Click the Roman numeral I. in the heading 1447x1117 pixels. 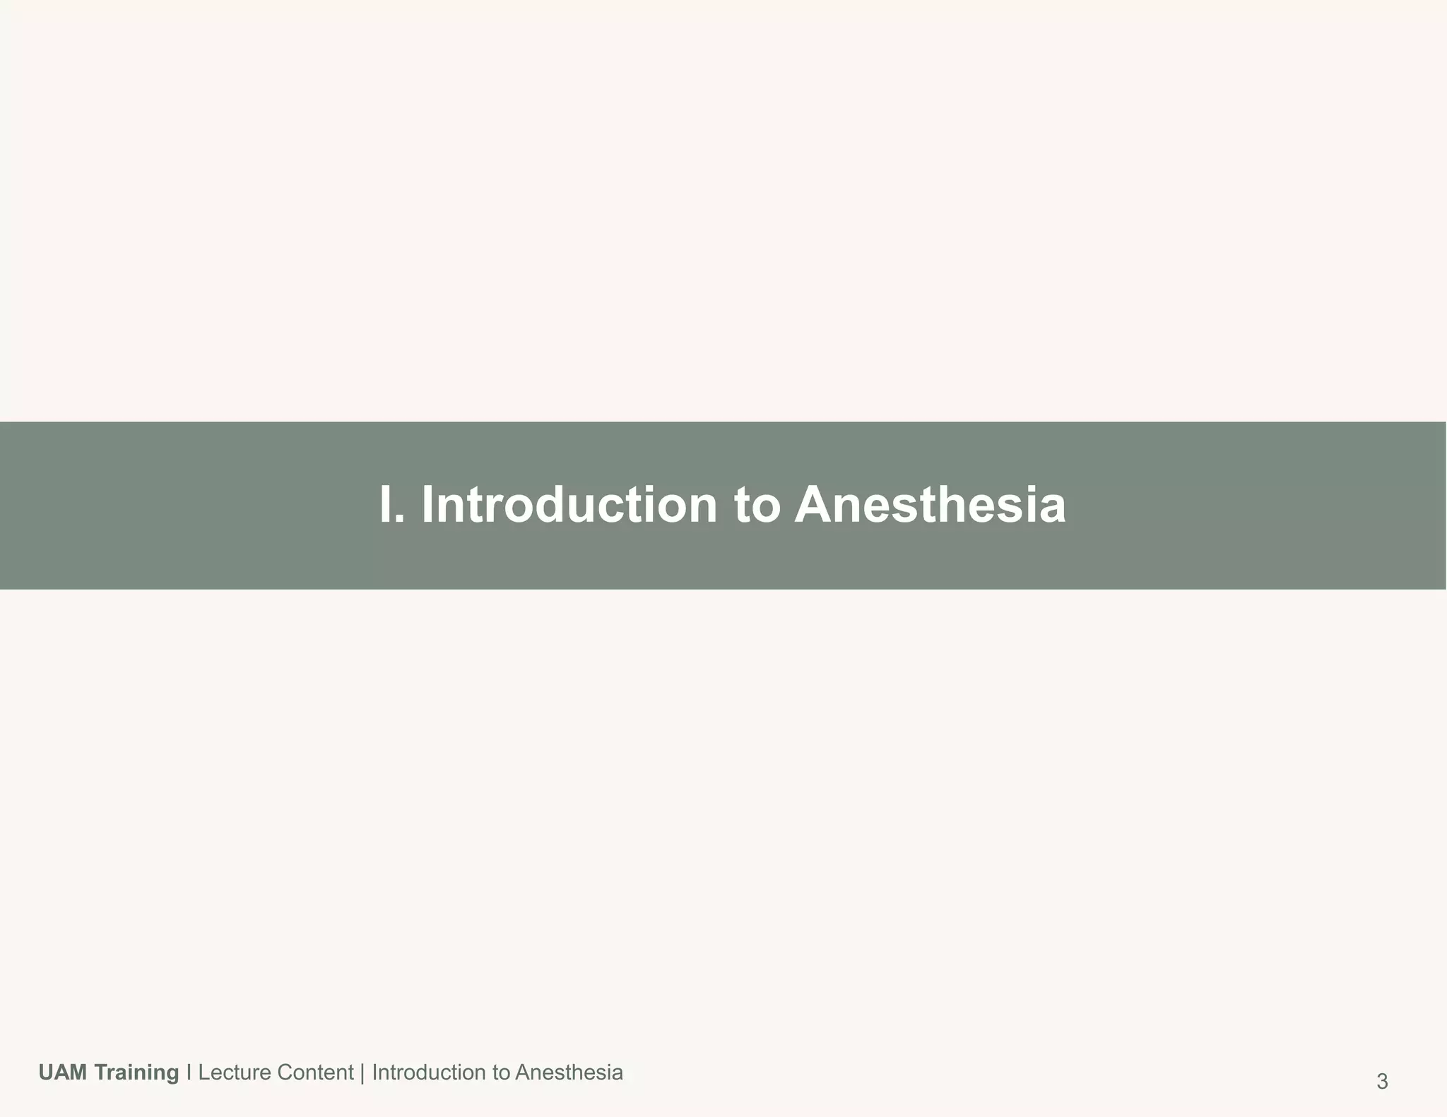pos(391,505)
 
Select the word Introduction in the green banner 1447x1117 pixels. pos(569,505)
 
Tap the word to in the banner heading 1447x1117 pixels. pos(757,506)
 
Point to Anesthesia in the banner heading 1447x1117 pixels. pos(930,505)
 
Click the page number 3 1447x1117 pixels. pos(1382,1082)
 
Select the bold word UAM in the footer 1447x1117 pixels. pos(63,1073)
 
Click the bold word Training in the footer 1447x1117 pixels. pos(136,1073)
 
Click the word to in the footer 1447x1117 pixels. pos(501,1073)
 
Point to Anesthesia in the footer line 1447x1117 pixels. pos(569,1073)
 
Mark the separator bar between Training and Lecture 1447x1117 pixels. pos(189,1073)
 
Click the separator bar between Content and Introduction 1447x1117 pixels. pos(362,1073)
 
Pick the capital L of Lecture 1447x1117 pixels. pos(203,1073)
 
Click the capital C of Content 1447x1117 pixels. pos(284,1073)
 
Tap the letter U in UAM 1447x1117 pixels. pos(46,1073)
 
